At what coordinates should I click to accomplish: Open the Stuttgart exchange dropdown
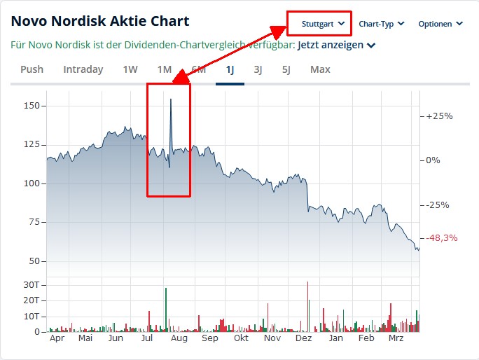coord(323,24)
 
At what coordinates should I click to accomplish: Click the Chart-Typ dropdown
coord(382,24)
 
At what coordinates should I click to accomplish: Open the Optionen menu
coord(440,24)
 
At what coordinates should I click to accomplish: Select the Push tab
coord(32,69)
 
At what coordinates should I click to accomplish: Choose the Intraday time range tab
coord(83,69)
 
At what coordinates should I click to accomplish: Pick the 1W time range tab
coord(130,69)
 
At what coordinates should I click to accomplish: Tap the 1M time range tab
coord(165,69)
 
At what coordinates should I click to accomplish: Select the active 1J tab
coord(230,69)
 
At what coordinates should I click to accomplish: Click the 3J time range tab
coord(258,69)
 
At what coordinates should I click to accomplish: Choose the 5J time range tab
coord(286,69)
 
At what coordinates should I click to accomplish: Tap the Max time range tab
coord(320,69)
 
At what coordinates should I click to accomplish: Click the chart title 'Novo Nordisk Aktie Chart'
coord(100,22)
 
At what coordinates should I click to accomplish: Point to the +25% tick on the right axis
coord(439,116)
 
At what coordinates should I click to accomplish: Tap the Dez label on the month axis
coord(304,338)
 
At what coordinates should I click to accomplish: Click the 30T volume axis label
coord(32,285)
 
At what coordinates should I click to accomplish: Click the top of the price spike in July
coord(171,99)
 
